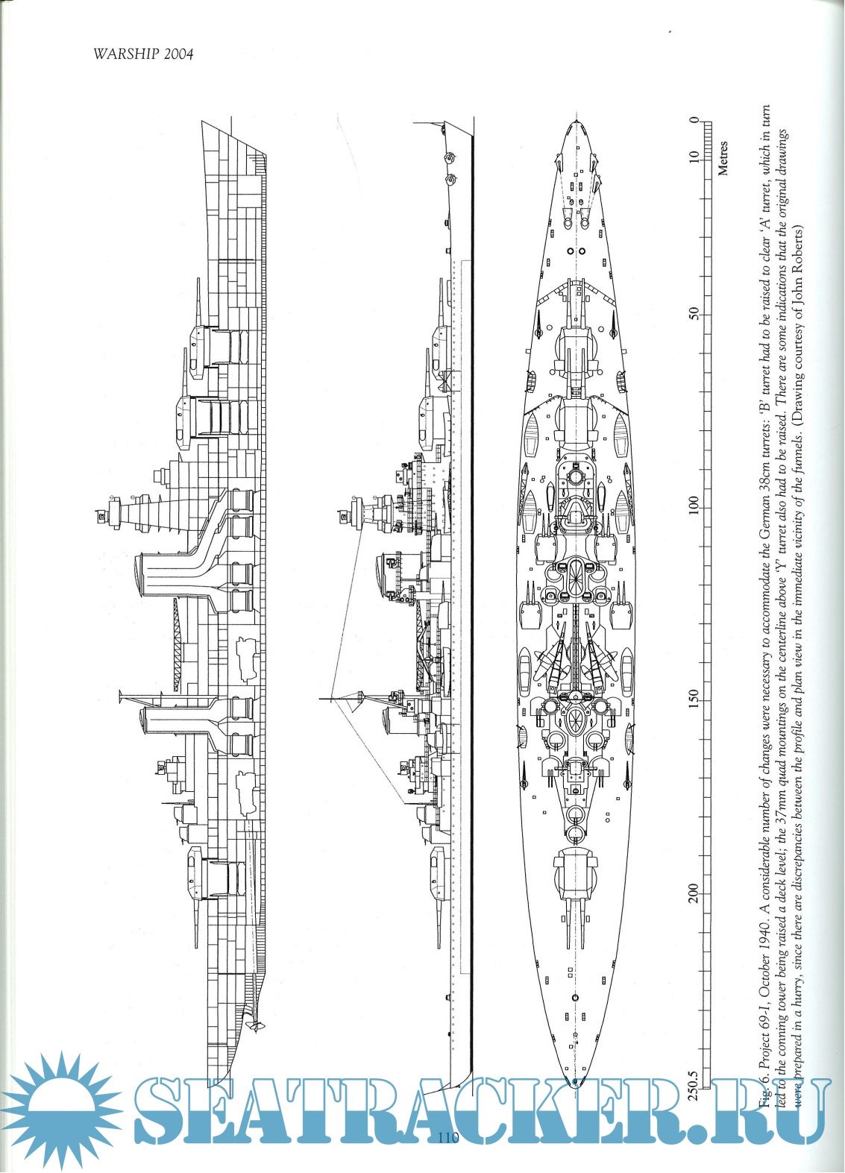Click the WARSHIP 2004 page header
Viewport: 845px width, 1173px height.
[x=143, y=54]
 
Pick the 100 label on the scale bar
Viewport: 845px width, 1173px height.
[x=694, y=506]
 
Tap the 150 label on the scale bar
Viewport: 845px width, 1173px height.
[x=694, y=699]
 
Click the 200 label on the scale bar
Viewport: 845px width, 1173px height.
[x=694, y=892]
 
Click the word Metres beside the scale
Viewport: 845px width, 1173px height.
[x=722, y=157]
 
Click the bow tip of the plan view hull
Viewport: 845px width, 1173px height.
[x=575, y=122]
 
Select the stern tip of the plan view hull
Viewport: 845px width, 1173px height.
[x=574, y=1085]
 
